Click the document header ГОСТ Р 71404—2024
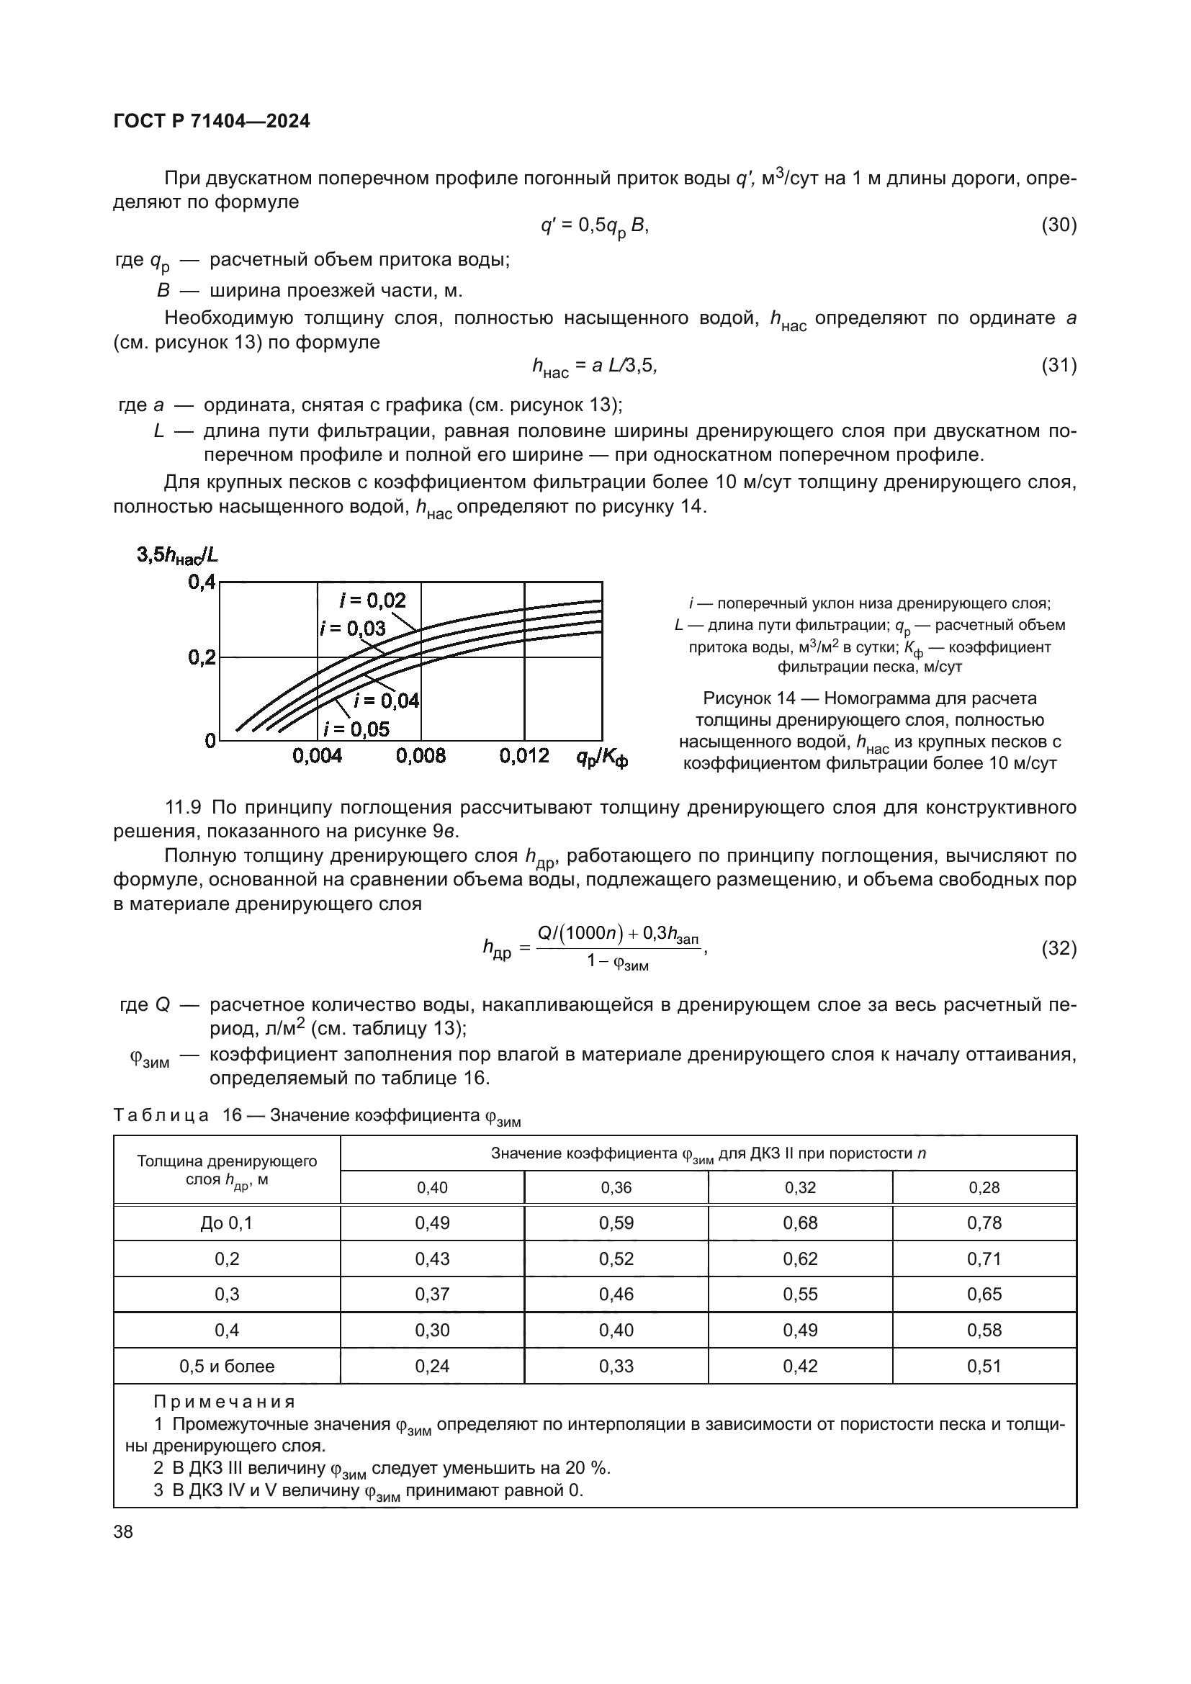[x=212, y=122]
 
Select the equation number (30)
[x=1059, y=225]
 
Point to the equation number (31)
[x=1059, y=365]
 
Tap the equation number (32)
[x=1059, y=948]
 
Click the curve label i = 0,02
[x=372, y=600]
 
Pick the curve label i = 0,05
[x=356, y=729]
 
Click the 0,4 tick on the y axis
[x=202, y=582]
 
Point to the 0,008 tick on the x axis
[x=421, y=756]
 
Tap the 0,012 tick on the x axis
[x=524, y=756]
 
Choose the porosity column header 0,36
[x=616, y=1187]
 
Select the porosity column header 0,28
[x=984, y=1187]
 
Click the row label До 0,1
[x=227, y=1223]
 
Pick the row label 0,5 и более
[x=227, y=1366]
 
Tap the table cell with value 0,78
[x=984, y=1223]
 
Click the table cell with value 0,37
[x=432, y=1294]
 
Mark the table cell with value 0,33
[x=616, y=1366]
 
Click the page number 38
[x=123, y=1532]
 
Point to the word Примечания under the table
[x=225, y=1402]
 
